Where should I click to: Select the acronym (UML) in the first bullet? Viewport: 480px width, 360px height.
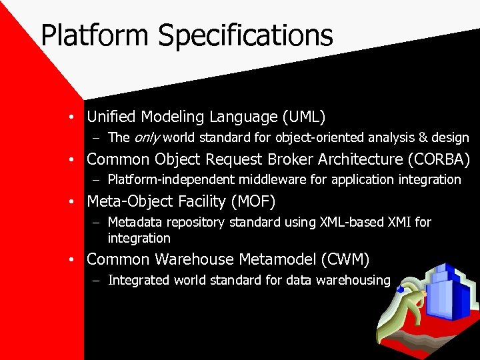point(304,117)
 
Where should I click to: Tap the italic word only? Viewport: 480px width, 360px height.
point(147,138)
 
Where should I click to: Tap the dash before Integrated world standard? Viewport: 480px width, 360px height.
point(97,281)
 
